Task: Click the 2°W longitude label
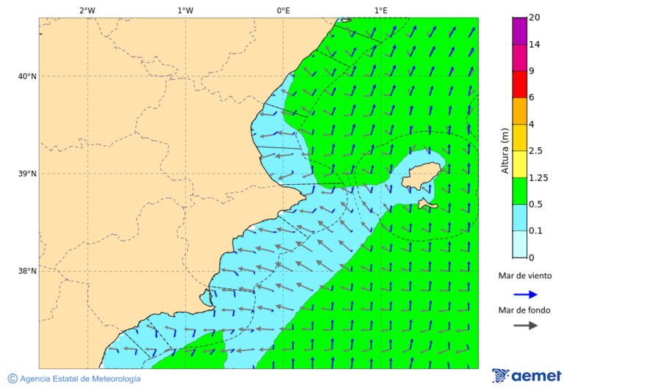coord(87,10)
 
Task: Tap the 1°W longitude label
coord(185,10)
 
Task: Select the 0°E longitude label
coord(283,10)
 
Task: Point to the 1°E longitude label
coord(380,10)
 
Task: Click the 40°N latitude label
coord(27,76)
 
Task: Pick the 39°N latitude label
coord(27,174)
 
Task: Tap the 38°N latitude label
coord(27,271)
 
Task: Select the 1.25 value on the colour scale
coord(538,178)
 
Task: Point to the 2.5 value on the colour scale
coord(535,151)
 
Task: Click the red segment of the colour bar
coord(519,84)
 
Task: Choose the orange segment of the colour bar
coord(519,111)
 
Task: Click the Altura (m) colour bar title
coord(505,150)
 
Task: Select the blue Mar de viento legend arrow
coord(525,294)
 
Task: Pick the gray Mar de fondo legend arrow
coord(525,325)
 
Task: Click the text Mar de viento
coord(524,276)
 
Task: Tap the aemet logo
coord(527,376)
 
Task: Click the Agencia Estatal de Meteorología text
coord(79,379)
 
